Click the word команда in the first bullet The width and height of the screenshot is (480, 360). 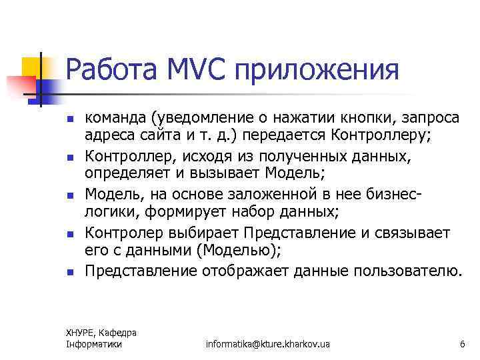click(115, 119)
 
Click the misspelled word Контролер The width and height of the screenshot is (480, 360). click(123, 233)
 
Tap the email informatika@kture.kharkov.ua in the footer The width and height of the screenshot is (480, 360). click(268, 344)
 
